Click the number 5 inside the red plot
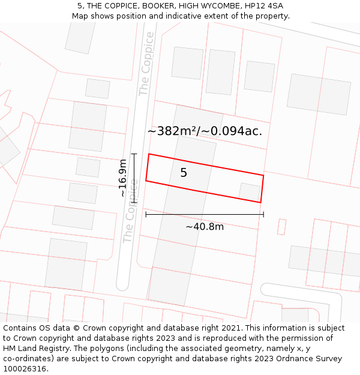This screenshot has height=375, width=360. click(x=184, y=173)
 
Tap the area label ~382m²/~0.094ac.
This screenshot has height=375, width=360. click(x=205, y=131)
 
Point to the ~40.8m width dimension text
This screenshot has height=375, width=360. click(x=205, y=226)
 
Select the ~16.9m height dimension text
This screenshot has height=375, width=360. click(x=123, y=178)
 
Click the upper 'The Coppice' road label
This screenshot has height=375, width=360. click(x=146, y=64)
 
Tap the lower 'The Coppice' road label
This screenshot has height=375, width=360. click(x=130, y=211)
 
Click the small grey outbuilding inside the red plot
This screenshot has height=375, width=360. click(x=250, y=192)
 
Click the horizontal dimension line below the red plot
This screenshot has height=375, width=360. click(x=205, y=214)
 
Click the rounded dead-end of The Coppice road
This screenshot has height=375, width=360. click(x=122, y=284)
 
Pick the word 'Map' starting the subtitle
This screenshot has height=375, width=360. click(x=80, y=16)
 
